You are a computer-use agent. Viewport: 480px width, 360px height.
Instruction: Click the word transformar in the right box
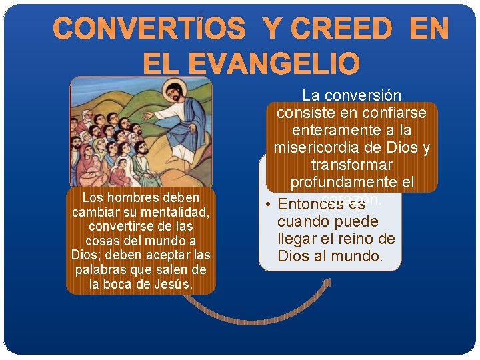click(x=351, y=165)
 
